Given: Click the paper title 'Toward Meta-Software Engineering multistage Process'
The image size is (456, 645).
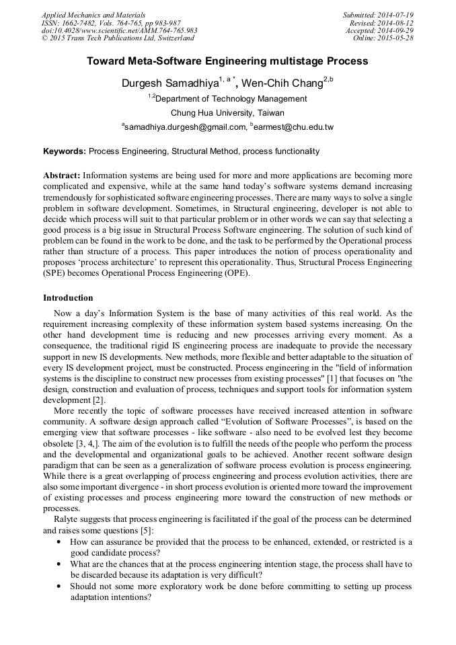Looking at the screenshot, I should (227, 61).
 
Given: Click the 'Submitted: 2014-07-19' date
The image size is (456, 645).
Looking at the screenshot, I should (379, 14).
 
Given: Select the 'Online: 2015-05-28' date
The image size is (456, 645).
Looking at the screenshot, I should (383, 38).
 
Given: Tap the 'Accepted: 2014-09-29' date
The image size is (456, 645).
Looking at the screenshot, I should (379, 30).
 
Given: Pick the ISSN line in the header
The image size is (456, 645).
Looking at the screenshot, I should (111, 22).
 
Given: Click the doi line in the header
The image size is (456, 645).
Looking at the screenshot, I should (119, 30).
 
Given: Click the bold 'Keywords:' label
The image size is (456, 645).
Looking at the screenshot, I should (65, 151).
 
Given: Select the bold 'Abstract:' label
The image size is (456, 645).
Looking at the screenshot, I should (62, 176).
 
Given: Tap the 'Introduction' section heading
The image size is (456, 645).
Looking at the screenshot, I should (68, 297).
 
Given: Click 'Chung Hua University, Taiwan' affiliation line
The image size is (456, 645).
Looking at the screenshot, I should (227, 112).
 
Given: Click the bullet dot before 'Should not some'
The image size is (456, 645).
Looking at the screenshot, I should (61, 586).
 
